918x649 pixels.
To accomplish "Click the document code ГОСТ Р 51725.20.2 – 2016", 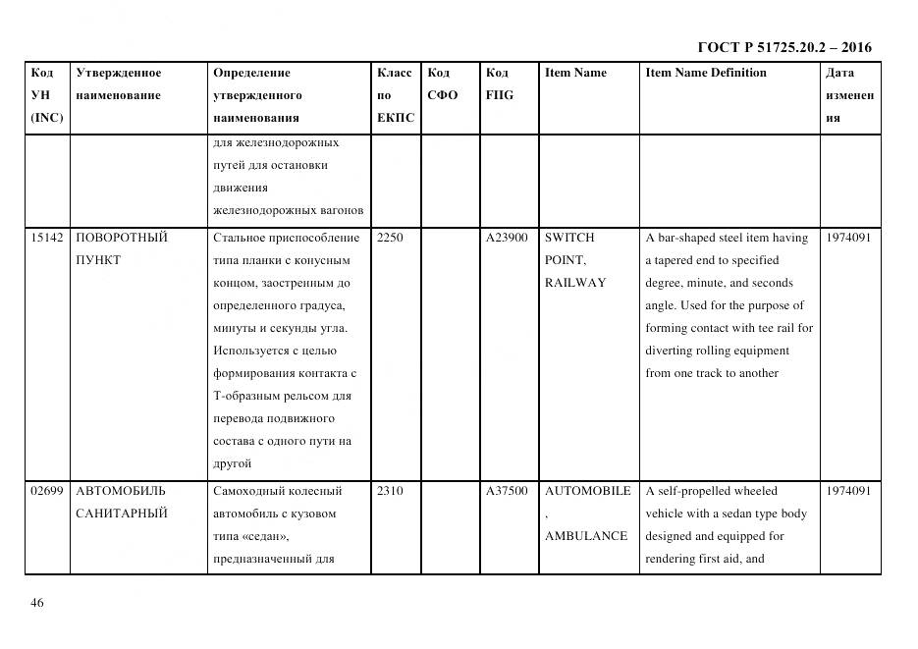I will pos(783,47).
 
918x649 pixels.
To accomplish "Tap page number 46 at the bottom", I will pos(37,603).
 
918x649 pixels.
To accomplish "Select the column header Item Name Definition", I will pos(705,73).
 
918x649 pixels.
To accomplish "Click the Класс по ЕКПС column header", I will pos(395,95).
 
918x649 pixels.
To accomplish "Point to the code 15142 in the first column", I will pos(46,238).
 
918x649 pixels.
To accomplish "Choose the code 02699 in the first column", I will pos(46,491).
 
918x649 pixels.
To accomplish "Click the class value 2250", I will pos(390,238).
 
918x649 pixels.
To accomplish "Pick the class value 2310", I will pos(390,491).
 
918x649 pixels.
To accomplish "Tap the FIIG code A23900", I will pos(507,238).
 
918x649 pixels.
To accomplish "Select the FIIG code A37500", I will pos(507,491).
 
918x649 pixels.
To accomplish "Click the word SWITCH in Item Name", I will pos(569,238).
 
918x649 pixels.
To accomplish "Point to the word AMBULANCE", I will pos(585,536).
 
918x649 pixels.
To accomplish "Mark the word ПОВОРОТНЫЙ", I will pos(121,238).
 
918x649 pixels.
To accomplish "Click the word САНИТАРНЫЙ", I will pos(121,514).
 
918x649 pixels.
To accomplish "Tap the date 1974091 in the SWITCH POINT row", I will pos(848,238).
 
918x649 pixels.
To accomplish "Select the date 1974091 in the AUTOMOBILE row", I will pos(848,491).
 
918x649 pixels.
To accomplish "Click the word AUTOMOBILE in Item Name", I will pos(587,491).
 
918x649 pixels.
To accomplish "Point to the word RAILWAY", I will pos(575,283).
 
